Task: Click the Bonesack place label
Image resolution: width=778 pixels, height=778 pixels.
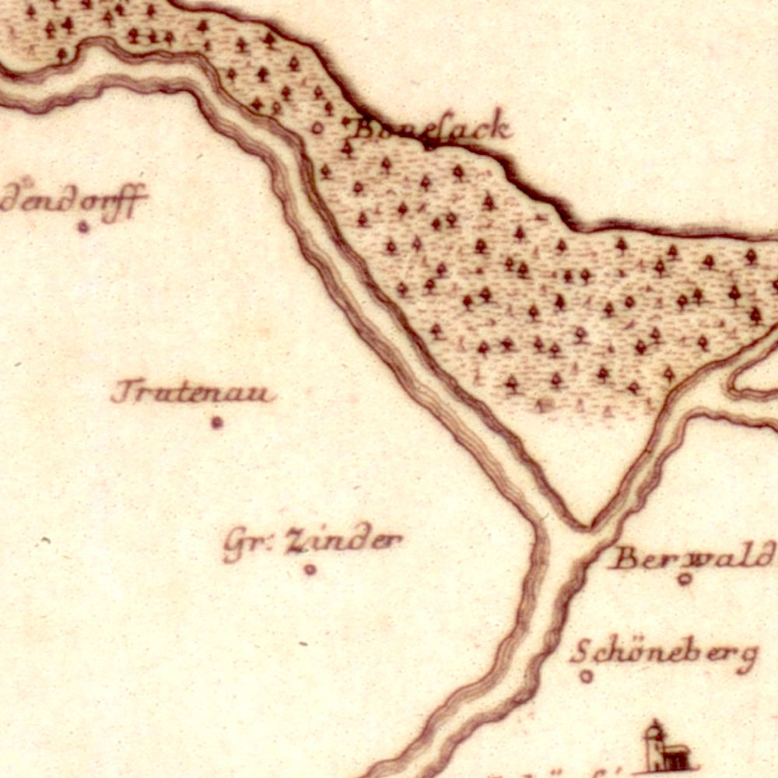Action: (x=433, y=128)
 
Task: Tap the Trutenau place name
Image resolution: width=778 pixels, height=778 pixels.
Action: (x=192, y=392)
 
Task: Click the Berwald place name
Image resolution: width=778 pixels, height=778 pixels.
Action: (x=692, y=557)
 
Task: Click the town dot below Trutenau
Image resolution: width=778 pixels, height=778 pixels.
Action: (x=216, y=422)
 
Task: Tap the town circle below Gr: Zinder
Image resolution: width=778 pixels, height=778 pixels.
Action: (x=310, y=569)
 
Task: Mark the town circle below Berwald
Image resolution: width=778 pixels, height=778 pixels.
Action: (x=685, y=578)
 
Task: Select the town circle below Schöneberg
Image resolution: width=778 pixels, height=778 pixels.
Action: (x=587, y=676)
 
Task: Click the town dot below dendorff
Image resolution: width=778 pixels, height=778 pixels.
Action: (x=83, y=227)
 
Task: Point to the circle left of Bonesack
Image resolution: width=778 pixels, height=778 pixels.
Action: (x=317, y=128)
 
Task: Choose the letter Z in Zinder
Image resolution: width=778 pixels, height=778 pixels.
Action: (x=294, y=541)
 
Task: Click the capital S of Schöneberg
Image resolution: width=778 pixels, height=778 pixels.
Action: (x=580, y=652)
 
